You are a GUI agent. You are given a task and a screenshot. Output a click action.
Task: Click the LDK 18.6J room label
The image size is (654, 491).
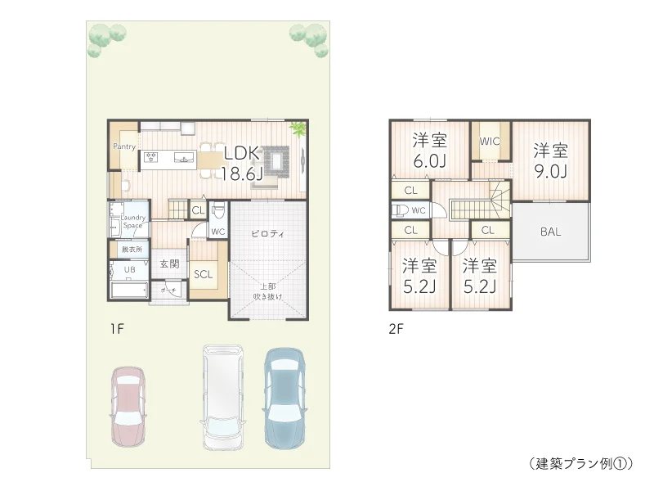pos(242,161)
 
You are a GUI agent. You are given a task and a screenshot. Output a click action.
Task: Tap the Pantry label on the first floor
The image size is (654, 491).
pos(124,146)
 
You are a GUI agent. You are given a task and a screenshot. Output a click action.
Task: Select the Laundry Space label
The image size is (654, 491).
pos(133,220)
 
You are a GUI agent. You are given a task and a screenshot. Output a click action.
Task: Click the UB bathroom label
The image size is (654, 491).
pos(129,269)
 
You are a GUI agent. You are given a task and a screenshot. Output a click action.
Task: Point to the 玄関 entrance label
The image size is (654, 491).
pos(169,264)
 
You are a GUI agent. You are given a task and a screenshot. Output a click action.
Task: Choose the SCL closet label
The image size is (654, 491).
pos(203,274)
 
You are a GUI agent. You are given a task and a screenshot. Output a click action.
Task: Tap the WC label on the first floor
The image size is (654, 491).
pos(217,232)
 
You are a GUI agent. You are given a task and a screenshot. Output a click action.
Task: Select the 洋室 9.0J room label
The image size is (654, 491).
pos(551,160)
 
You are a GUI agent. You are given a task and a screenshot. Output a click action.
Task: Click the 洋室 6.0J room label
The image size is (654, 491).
pos(429,150)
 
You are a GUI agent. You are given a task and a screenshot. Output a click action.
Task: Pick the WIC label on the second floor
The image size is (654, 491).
pos(490,141)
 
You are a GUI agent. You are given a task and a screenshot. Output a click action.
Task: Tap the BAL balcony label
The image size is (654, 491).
pos(550,232)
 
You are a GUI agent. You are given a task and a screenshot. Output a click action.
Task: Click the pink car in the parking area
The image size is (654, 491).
pos(128,406)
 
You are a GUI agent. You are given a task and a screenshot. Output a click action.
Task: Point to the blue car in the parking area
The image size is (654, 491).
pos(284,397)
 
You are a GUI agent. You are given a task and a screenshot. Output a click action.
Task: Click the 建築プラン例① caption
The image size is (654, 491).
pos(580,462)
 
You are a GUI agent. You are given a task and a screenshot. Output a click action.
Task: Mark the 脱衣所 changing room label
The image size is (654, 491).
pos(132,249)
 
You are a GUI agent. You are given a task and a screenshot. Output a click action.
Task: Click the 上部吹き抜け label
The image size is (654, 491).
pos(267,291)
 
